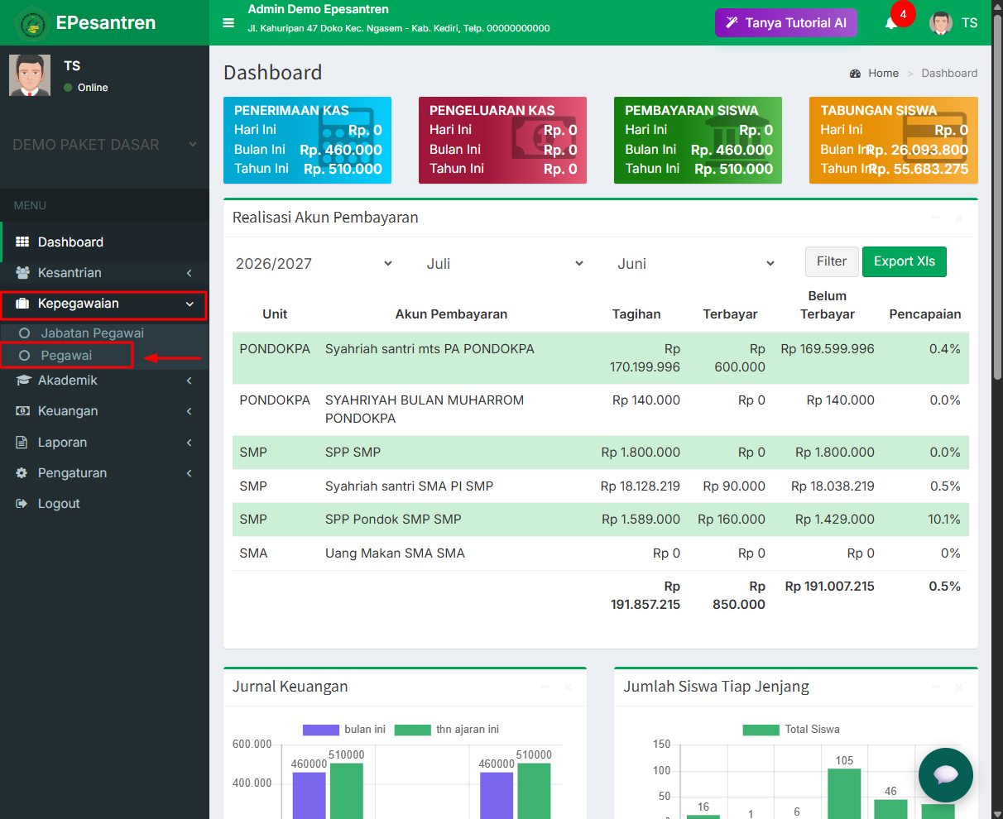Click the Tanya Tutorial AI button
[x=785, y=23]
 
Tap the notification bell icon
[x=890, y=24]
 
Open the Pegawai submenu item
[x=66, y=355]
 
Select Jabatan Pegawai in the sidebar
[x=92, y=333]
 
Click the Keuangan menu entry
[x=68, y=410]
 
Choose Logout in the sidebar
[x=59, y=503]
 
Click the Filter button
[x=832, y=261]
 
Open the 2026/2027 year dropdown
[x=314, y=263]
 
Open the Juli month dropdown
[x=505, y=263]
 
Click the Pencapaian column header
[x=924, y=314]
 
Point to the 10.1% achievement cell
[x=943, y=519]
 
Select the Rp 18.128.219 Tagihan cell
[x=640, y=486]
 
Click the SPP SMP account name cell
[x=353, y=452]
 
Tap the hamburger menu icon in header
[x=228, y=23]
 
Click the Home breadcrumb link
[x=883, y=73]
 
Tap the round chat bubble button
[x=945, y=775]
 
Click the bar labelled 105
[x=844, y=793]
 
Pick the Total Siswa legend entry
[x=791, y=729]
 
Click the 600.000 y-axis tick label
[x=252, y=744]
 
